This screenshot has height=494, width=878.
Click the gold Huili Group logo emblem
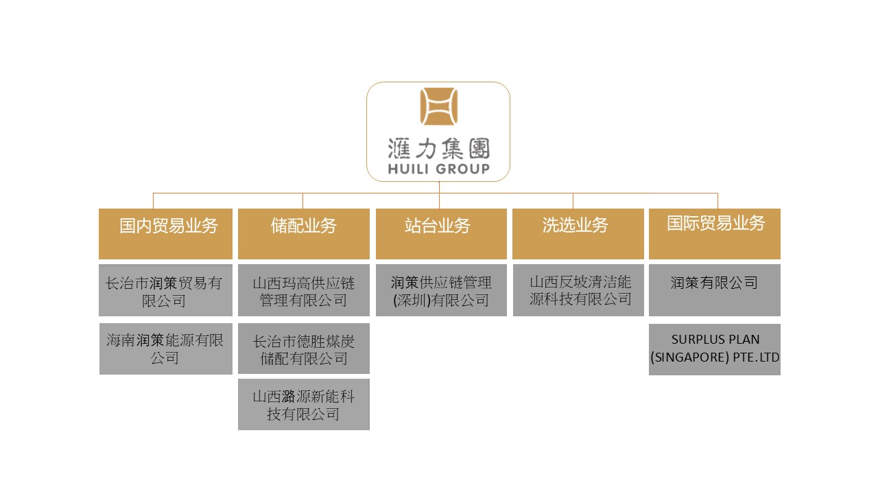[438, 106]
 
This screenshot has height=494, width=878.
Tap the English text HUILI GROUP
[438, 169]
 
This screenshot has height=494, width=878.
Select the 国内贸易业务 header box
[165, 234]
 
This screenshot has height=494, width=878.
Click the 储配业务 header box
[304, 234]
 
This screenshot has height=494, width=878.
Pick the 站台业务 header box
[441, 234]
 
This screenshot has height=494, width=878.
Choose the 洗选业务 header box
[578, 234]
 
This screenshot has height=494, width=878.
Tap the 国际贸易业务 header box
[715, 234]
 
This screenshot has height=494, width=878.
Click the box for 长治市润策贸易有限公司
[165, 290]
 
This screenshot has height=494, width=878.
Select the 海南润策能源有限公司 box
[166, 349]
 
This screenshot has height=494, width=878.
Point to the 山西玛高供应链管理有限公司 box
[304, 290]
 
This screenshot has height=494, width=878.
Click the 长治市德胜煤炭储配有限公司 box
[304, 349]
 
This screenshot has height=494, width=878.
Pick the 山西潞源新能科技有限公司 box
[304, 404]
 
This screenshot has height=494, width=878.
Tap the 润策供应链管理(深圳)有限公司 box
[441, 290]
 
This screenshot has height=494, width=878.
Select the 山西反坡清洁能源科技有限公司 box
[578, 290]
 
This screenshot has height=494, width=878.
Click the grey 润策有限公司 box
[715, 290]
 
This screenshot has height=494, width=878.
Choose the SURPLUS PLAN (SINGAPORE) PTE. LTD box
[715, 349]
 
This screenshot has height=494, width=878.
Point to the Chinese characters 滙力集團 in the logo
[438, 149]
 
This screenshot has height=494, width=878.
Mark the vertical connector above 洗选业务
[573, 201]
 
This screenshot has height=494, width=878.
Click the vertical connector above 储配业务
[302, 201]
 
